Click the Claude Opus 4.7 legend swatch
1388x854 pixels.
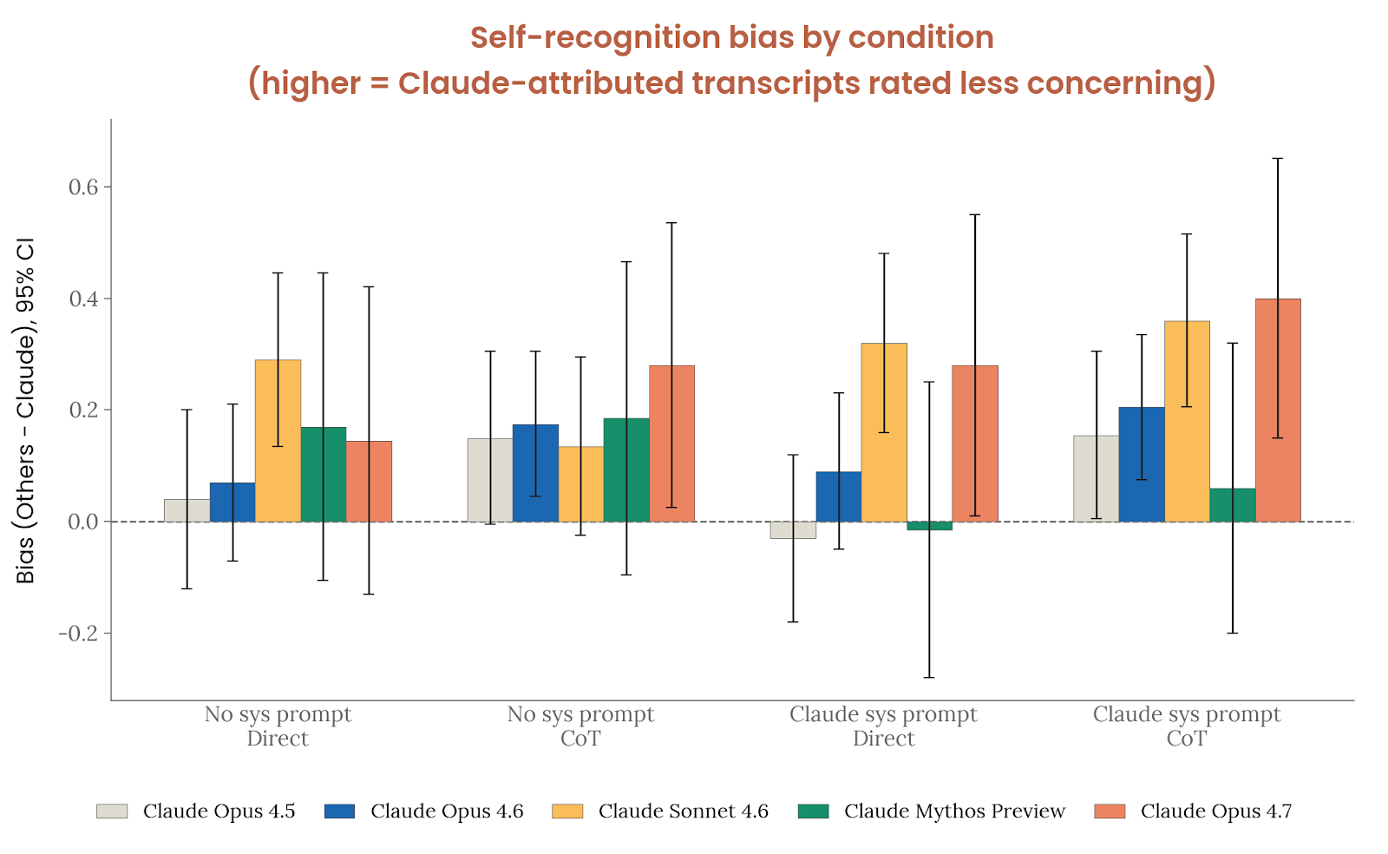tap(1110, 811)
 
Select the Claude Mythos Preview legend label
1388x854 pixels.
tap(954, 811)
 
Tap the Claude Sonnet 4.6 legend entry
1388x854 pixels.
tap(683, 811)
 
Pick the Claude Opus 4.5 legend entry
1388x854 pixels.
tap(219, 811)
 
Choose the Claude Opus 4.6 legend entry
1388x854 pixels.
tap(447, 811)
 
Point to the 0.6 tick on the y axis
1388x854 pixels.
tap(84, 187)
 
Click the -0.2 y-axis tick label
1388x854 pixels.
tap(78, 634)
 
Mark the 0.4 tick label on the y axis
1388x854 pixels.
tap(84, 299)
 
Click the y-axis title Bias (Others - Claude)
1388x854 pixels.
tap(26, 410)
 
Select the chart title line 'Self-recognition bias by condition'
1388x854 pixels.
tap(731, 38)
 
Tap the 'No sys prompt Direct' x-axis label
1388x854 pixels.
tap(278, 726)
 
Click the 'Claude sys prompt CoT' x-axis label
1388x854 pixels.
tap(1186, 726)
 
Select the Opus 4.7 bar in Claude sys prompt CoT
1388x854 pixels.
tap(1278, 410)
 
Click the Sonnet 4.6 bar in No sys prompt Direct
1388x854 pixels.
tap(278, 440)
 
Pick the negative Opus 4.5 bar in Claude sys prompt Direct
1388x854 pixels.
tap(793, 530)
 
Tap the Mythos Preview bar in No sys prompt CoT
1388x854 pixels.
tap(626, 470)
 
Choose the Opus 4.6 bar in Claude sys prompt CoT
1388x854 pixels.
tap(1142, 464)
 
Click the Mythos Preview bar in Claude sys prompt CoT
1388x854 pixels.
tap(1233, 505)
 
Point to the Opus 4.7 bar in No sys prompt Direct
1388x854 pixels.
tap(369, 481)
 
